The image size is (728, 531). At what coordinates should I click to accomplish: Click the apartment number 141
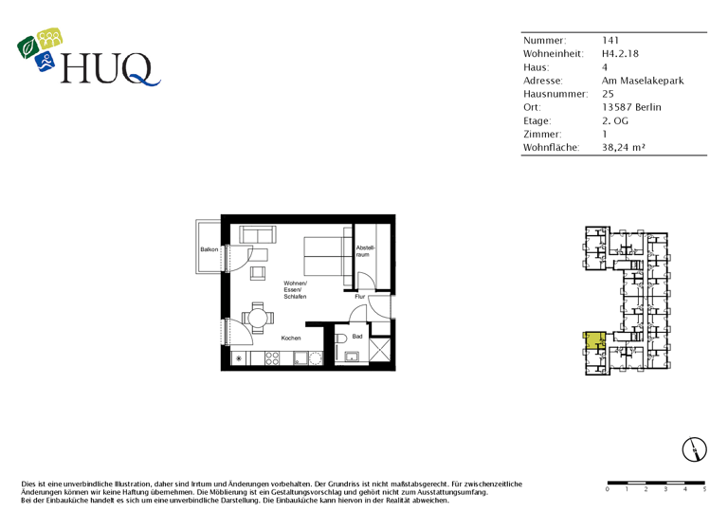pyautogui.click(x=610, y=41)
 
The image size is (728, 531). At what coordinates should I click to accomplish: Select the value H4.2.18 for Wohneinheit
pyautogui.click(x=621, y=54)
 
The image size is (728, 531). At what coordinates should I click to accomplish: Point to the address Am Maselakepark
pyautogui.click(x=643, y=81)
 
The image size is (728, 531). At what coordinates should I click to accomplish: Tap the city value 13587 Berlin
pyautogui.click(x=631, y=107)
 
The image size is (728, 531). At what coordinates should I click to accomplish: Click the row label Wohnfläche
pyautogui.click(x=551, y=147)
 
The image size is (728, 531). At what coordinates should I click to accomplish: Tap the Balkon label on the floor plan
pyautogui.click(x=209, y=249)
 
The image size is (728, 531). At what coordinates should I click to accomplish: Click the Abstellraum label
pyautogui.click(x=366, y=251)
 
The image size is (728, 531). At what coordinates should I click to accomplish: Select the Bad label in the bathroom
pyautogui.click(x=357, y=337)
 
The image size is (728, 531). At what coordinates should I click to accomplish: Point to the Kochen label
pyautogui.click(x=291, y=339)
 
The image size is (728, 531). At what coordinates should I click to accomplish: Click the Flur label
pyautogui.click(x=360, y=297)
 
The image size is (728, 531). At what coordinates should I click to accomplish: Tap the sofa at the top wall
pyautogui.click(x=257, y=234)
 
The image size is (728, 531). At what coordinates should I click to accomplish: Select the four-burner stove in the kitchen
pyautogui.click(x=272, y=357)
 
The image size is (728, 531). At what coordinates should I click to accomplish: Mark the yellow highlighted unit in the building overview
pyautogui.click(x=594, y=339)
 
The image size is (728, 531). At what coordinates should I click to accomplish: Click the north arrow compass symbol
pyautogui.click(x=697, y=449)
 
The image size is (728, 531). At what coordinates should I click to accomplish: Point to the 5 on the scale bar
pyautogui.click(x=704, y=490)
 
